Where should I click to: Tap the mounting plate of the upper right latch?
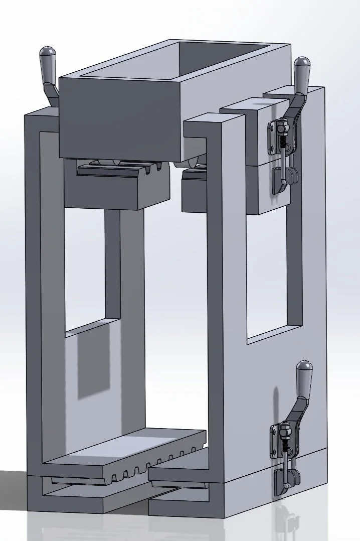point(274,137)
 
